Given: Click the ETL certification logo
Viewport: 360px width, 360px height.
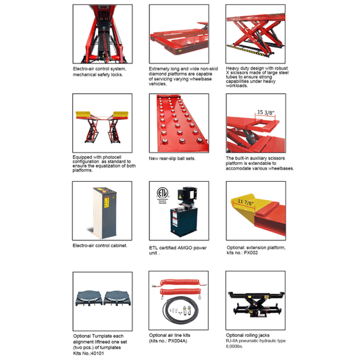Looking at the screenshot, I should [x=162, y=194].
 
